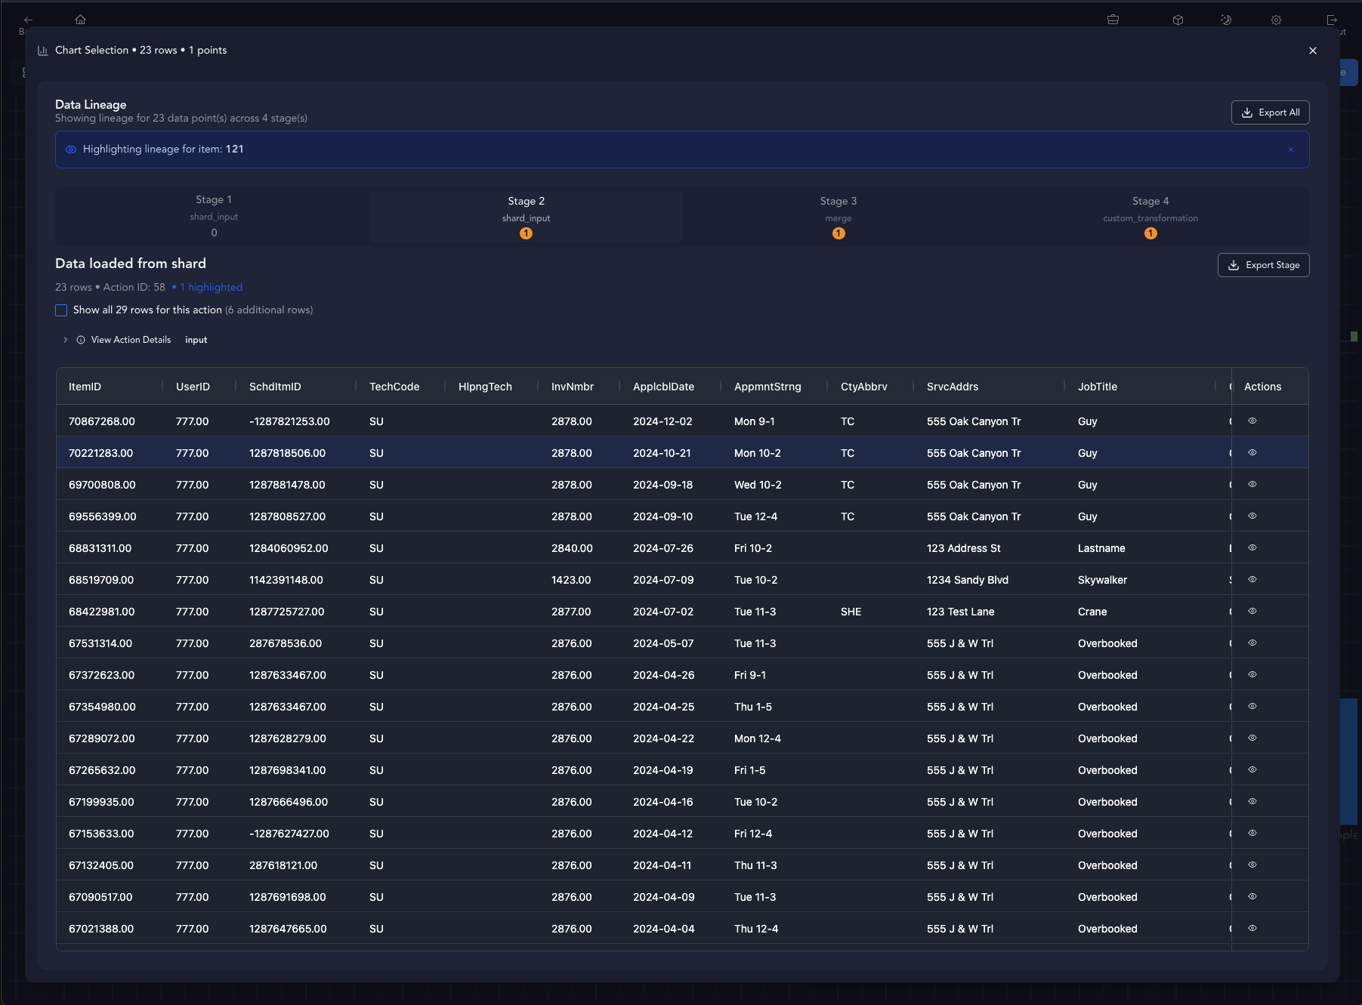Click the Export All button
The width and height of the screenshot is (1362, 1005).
point(1270,113)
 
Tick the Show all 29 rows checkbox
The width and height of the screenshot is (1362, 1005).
point(61,310)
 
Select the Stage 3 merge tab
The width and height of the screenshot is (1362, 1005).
point(838,216)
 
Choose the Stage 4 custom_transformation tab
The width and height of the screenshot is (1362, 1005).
point(1150,216)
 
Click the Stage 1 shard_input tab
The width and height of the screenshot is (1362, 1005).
point(214,216)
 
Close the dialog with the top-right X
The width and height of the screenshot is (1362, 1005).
point(1312,51)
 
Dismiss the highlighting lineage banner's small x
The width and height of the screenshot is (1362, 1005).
point(1290,150)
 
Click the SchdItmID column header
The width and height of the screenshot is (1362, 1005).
point(275,387)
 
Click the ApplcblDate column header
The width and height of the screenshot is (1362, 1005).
point(663,387)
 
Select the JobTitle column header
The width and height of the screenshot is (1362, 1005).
point(1097,387)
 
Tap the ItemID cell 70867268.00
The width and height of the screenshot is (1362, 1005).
point(101,421)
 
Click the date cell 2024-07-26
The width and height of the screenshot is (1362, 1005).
point(662,548)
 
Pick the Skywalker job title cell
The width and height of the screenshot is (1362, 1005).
point(1101,580)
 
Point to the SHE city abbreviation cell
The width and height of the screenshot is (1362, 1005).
point(851,612)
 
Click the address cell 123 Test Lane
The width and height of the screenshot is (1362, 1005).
point(960,612)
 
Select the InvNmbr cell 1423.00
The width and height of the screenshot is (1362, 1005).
point(570,580)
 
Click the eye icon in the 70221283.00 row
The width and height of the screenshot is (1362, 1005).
point(1252,452)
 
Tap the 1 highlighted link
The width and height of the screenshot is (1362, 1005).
point(211,287)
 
